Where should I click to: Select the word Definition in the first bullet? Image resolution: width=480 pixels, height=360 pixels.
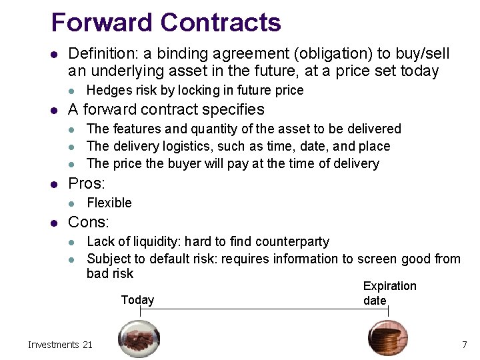click(101, 53)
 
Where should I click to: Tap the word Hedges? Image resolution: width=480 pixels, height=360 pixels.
click(109, 90)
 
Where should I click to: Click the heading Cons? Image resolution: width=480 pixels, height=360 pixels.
click(89, 223)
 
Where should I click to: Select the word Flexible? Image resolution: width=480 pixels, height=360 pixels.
click(109, 203)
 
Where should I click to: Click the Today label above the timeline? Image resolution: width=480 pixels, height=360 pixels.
click(137, 300)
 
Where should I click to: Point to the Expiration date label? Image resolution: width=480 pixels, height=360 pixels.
click(389, 293)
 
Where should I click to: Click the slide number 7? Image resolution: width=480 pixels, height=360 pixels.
click(464, 345)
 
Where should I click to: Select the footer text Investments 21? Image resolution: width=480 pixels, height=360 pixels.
click(60, 345)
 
